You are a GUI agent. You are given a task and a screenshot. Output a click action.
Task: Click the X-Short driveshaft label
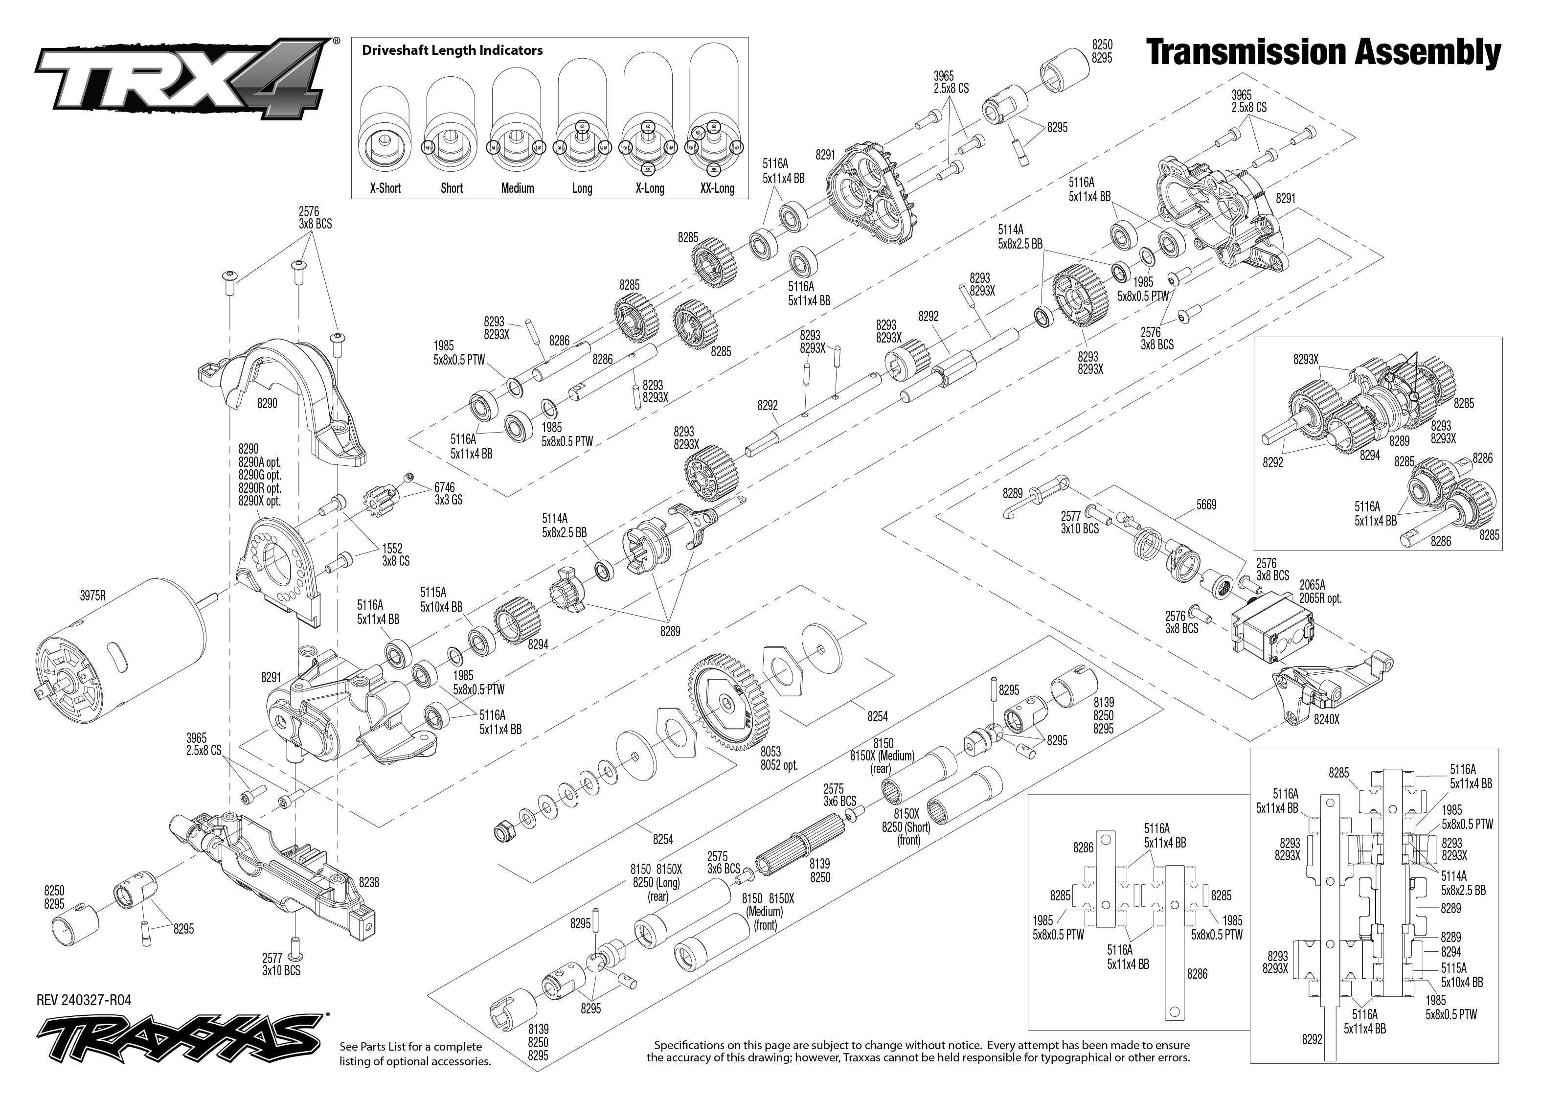(x=385, y=188)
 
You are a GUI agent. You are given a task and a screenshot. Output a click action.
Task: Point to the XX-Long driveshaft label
(x=717, y=188)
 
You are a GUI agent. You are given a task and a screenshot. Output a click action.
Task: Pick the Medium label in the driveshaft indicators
(x=517, y=188)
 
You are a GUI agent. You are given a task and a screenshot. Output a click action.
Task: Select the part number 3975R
(x=93, y=596)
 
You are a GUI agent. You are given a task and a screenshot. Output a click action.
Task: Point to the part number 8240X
(x=1326, y=720)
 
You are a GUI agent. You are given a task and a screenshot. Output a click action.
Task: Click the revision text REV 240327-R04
(x=84, y=1000)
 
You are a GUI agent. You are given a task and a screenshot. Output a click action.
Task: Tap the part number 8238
(x=369, y=882)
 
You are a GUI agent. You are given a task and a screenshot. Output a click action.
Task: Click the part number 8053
(x=770, y=752)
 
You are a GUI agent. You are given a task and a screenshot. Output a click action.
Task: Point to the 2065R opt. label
(x=1320, y=598)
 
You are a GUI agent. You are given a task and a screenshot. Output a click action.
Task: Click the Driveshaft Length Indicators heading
(x=452, y=50)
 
